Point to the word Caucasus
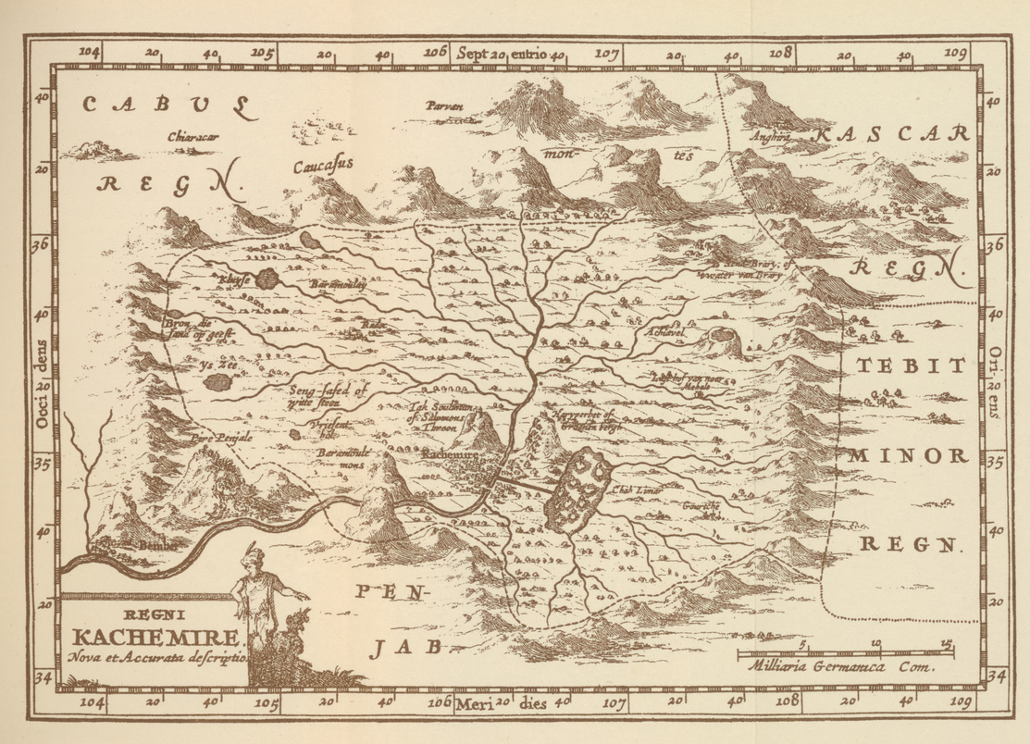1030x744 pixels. coord(324,167)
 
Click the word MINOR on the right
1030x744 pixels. coord(908,455)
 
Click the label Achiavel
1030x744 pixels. coord(664,330)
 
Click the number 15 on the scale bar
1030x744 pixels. coord(946,643)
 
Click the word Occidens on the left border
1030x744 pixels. coord(41,394)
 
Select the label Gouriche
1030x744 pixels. coord(701,506)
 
